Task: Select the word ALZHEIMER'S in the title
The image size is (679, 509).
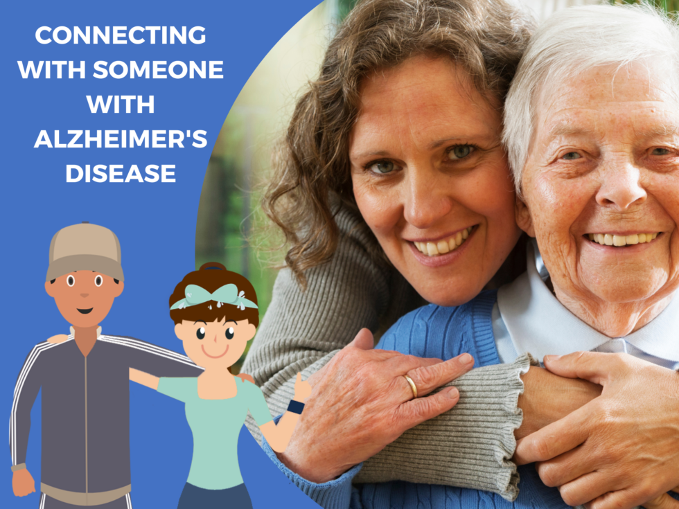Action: coord(121,140)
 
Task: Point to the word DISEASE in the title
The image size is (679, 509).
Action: coord(121,175)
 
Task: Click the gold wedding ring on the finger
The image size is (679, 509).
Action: coord(411,385)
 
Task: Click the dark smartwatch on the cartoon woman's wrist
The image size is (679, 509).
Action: coord(296,407)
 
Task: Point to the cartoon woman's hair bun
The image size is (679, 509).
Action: coord(213,268)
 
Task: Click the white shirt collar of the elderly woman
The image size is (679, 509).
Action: coord(527,305)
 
